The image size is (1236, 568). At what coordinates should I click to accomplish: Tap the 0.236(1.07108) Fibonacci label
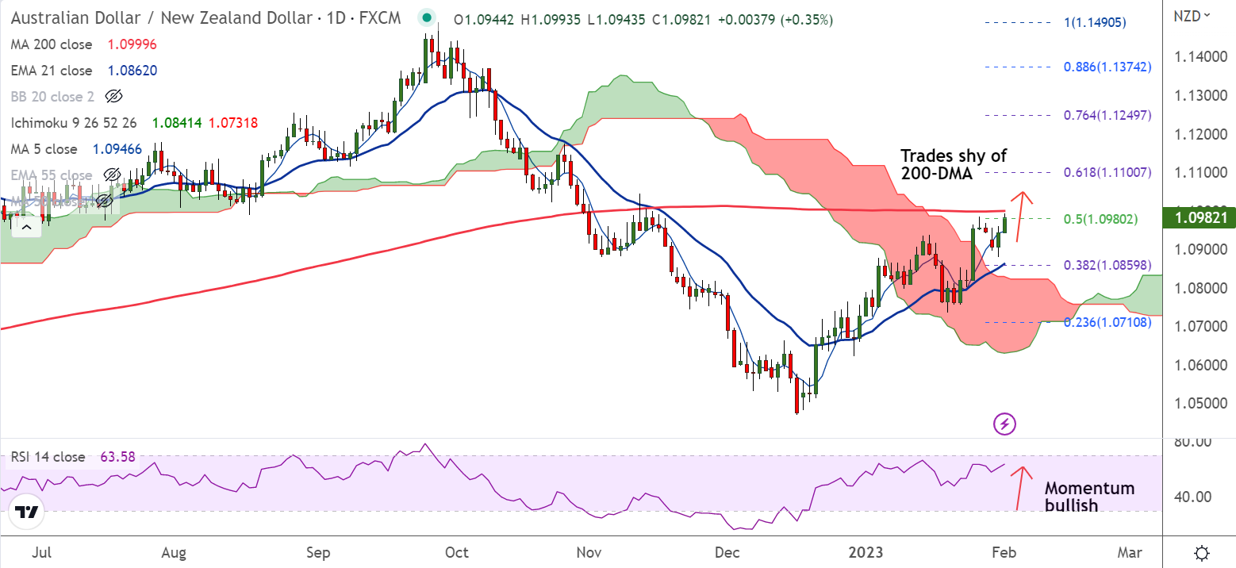point(1107,323)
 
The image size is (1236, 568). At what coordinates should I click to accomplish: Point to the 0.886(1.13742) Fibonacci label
point(1107,67)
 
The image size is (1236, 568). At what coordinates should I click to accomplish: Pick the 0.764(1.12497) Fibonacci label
point(1107,115)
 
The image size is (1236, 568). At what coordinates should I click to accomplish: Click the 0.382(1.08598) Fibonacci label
point(1107,265)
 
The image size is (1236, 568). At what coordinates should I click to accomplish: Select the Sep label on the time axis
point(317,552)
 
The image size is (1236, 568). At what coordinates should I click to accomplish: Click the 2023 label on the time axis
point(865,552)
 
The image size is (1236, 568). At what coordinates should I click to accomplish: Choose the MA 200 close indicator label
point(52,44)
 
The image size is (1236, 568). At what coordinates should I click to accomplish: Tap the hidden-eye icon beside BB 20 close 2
point(113,97)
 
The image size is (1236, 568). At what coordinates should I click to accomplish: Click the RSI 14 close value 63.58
point(117,457)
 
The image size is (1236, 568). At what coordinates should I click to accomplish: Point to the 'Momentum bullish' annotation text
point(1089,497)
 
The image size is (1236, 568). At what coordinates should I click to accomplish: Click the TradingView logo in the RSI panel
point(27,513)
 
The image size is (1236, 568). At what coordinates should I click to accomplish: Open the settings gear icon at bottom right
point(1202,553)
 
